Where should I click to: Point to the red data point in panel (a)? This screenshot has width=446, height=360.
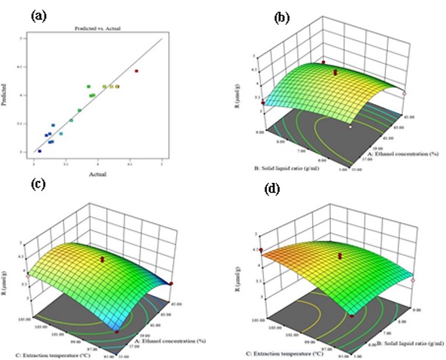(x=136, y=71)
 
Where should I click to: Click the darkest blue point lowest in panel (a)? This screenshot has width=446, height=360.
(x=39, y=151)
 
